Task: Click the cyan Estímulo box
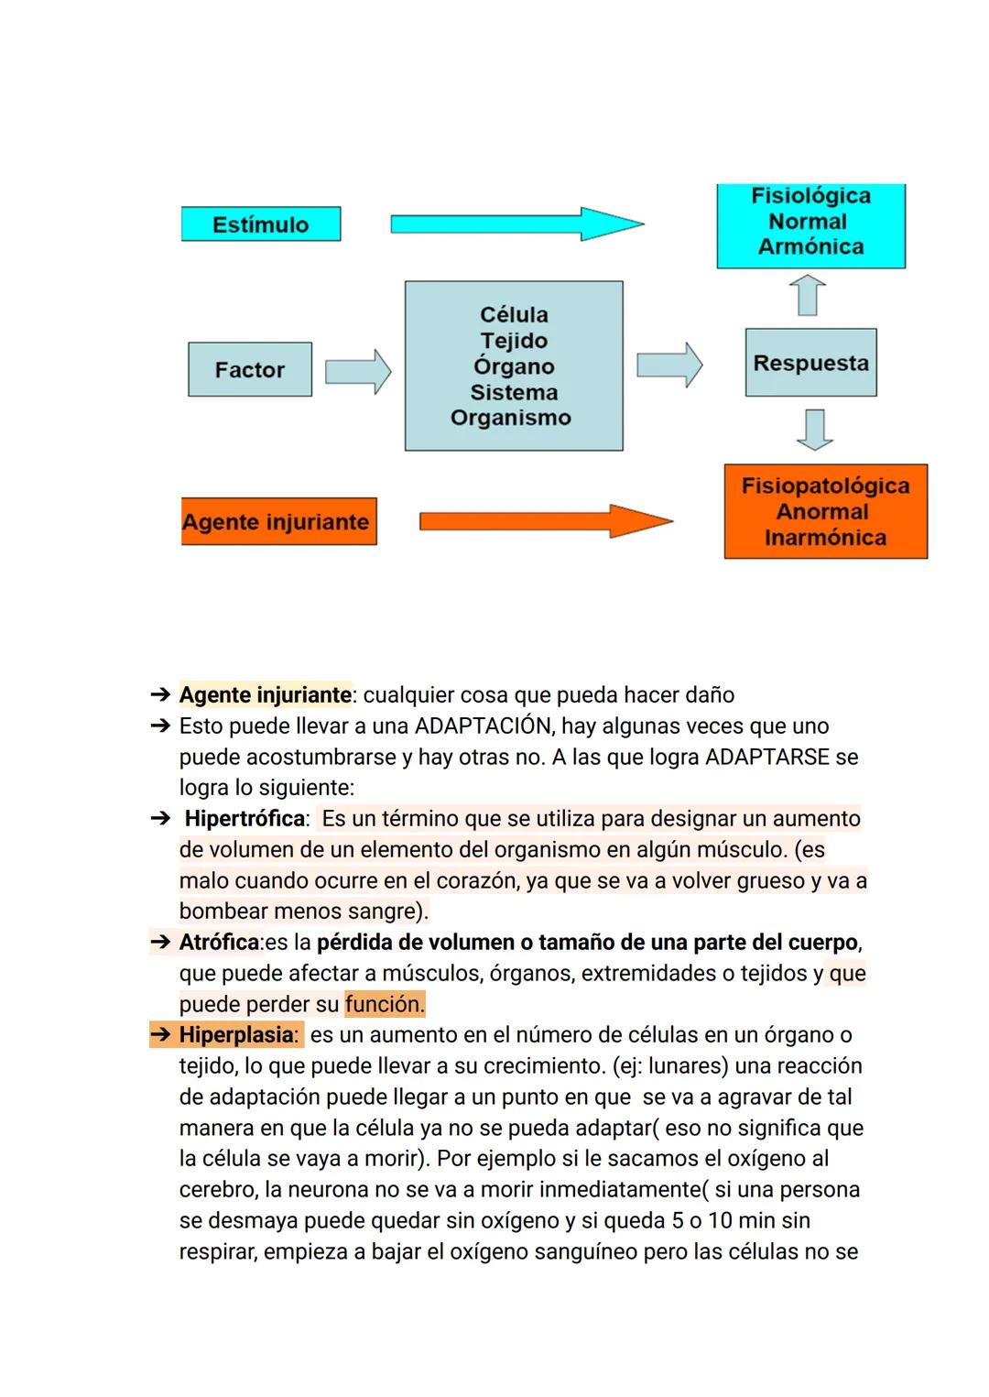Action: (x=261, y=224)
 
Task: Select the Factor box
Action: (x=250, y=369)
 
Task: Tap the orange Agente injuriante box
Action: (x=278, y=521)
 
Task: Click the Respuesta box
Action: (x=810, y=363)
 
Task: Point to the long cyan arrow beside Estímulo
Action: (x=517, y=224)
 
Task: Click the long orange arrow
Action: (x=545, y=521)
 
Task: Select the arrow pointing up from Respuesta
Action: (x=808, y=296)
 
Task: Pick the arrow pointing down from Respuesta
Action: (x=814, y=429)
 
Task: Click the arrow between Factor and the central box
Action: (x=358, y=370)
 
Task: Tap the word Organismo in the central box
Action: (x=511, y=418)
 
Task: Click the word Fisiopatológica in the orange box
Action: (x=825, y=486)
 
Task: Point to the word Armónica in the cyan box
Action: (x=810, y=246)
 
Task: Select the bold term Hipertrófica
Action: (x=245, y=818)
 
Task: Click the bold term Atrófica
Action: (x=220, y=942)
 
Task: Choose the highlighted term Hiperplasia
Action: (x=237, y=1035)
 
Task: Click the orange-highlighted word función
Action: (x=385, y=1004)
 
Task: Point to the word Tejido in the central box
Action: (x=514, y=341)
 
